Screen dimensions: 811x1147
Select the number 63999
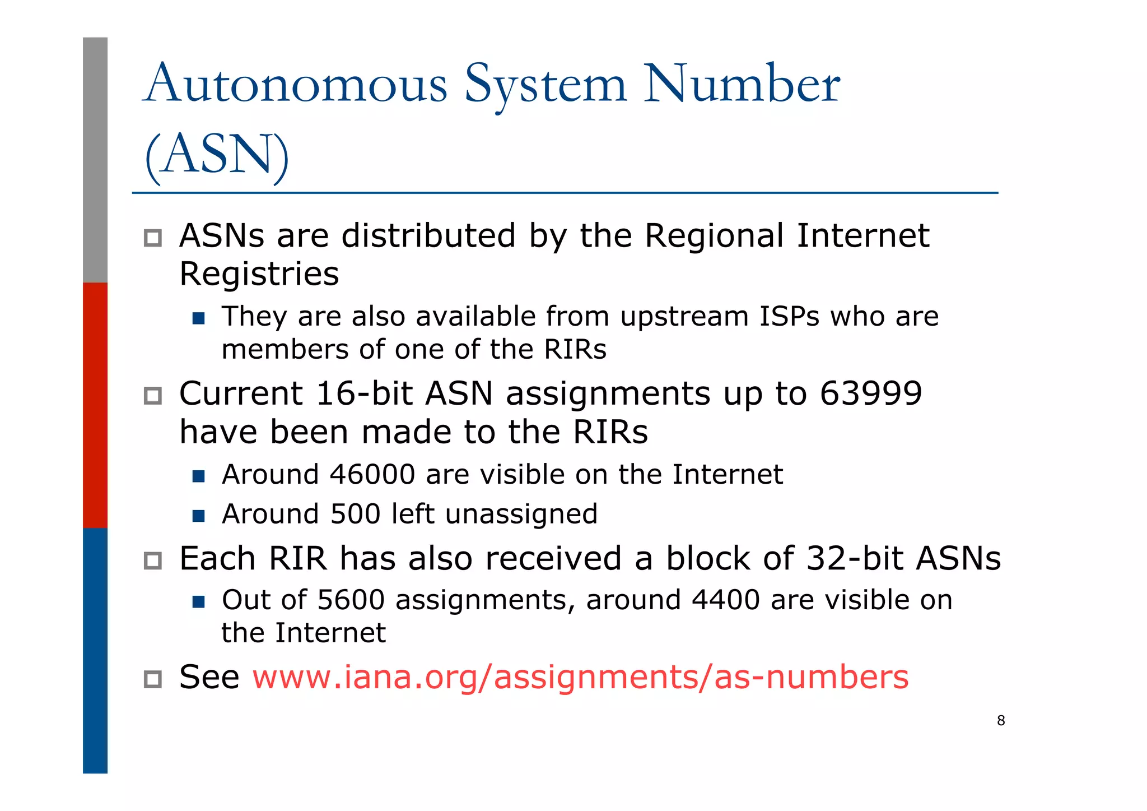pos(870,393)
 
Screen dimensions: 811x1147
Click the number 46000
pos(372,475)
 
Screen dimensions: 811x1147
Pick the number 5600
pos(351,600)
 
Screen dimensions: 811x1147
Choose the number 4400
pos(726,600)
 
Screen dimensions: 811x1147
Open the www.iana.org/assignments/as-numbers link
pos(580,677)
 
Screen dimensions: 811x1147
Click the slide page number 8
pos(1001,721)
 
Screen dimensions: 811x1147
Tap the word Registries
pos(259,274)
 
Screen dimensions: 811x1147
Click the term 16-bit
pos(365,393)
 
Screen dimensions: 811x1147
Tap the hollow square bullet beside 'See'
pos(152,679)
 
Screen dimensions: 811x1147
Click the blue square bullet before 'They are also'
pos(198,319)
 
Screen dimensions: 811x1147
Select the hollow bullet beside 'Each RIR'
pos(152,560)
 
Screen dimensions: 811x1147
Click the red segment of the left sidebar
pos(95,405)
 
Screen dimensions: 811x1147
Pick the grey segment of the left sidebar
pos(95,160)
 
